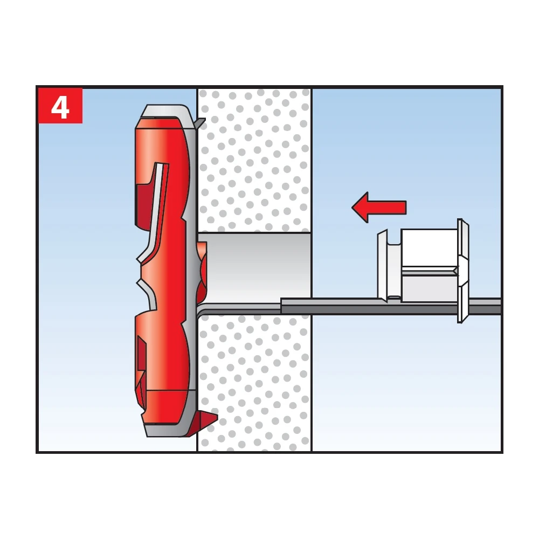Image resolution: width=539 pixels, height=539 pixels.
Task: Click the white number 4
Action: coord(60,108)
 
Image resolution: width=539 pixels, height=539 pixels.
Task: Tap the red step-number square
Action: coord(60,106)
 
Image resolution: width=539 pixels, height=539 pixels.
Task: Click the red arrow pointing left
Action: coord(379,208)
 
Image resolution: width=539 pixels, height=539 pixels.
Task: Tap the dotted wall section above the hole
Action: coord(254,160)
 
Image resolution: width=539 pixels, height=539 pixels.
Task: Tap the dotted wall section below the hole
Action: coord(254,382)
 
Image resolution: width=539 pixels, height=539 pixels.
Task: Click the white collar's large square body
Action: coord(429,265)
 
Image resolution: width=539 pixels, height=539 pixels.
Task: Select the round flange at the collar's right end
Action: coord(462,271)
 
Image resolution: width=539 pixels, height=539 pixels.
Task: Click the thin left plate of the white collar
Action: coord(383,265)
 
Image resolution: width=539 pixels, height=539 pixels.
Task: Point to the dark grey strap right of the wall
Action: coord(390,306)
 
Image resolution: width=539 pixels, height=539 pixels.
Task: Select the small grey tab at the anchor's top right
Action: coord(199,123)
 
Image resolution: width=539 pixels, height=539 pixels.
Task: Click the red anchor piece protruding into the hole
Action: coord(202,270)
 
